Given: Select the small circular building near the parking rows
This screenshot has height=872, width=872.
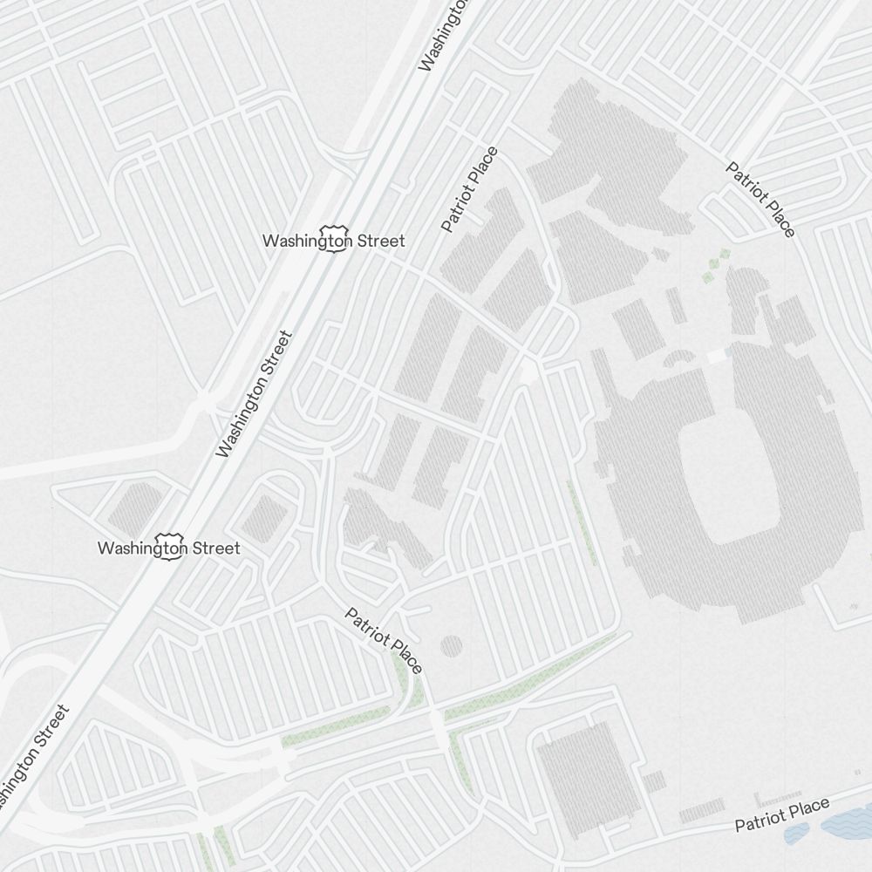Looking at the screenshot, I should click(451, 646).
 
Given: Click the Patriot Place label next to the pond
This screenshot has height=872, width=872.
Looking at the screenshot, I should click(781, 815).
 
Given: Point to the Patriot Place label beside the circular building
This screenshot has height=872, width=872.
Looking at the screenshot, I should click(384, 641).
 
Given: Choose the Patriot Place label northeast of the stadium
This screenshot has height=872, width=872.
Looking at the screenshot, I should click(761, 199).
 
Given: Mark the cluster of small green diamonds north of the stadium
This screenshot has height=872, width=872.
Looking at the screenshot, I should click(717, 265).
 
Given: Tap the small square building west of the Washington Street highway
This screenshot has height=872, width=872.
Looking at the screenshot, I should click(134, 509).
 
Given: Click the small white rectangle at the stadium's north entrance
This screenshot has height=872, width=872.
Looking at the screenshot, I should click(717, 356).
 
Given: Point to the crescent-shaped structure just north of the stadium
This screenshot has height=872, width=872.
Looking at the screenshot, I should click(679, 358).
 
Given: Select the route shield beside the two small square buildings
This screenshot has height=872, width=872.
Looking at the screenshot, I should click(167, 548).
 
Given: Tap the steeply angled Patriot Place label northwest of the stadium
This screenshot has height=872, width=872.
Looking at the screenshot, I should click(470, 189).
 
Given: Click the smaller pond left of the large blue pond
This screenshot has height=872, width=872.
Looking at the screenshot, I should click(795, 835).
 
